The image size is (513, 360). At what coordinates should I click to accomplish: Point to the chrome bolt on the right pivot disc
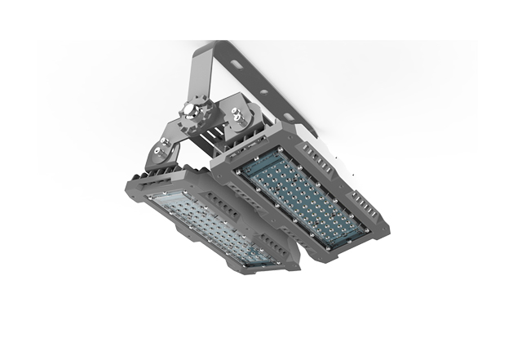pyautogui.click(x=241, y=115)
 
